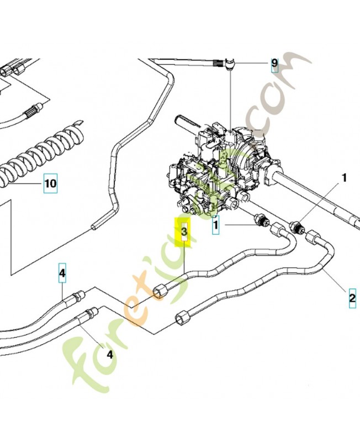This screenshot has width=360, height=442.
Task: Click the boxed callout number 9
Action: coord(274,65)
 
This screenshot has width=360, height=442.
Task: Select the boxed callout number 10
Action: coord(51,183)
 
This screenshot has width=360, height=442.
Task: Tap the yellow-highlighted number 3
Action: coord(184,232)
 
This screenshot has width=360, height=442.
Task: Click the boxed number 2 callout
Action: coord(352,298)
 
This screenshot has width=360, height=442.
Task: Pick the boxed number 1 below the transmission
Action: coord(215,225)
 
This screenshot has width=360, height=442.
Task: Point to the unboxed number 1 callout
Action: coord(344,178)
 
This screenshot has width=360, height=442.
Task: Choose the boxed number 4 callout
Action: coord(62,273)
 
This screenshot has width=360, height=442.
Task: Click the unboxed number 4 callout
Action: coord(109,354)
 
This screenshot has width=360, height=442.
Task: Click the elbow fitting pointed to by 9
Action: coord(230,64)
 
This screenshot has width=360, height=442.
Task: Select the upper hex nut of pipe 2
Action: coord(314,238)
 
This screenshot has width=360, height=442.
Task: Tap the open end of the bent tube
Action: coord(93,227)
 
